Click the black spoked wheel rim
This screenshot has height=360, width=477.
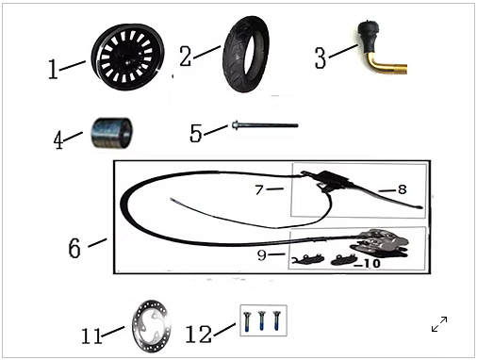(128, 57)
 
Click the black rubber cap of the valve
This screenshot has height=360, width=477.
(369, 33)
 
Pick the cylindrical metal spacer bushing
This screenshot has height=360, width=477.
(111, 133)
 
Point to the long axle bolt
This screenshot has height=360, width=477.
(265, 125)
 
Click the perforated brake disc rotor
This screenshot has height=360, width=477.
(152, 326)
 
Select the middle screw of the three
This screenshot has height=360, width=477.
(262, 320)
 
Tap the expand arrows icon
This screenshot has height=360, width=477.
(439, 324)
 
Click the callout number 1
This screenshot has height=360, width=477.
(53, 70)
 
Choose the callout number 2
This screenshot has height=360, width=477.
(185, 57)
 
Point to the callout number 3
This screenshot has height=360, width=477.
(321, 57)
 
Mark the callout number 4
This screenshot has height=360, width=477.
(58, 139)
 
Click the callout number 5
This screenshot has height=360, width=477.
(195, 133)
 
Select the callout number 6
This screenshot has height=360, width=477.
(74, 248)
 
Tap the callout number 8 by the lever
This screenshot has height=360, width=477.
(403, 189)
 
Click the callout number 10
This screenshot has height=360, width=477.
(370, 264)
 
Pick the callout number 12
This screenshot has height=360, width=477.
(199, 334)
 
